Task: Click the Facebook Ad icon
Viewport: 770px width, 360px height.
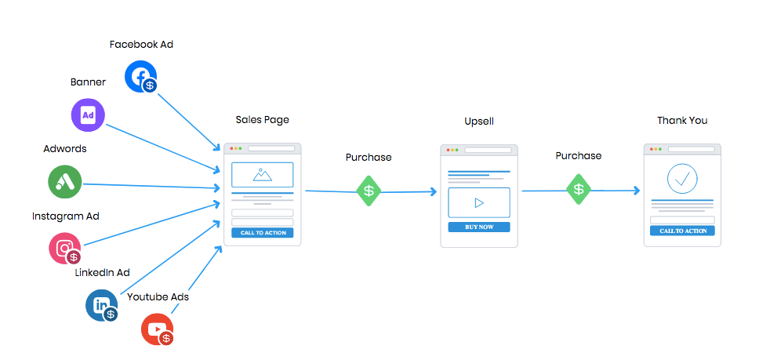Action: pos(140,76)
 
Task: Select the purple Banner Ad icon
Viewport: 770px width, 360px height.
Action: pos(88,115)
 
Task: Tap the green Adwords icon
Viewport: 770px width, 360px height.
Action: pos(65,182)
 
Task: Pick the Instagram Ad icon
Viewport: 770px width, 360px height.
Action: pos(64,248)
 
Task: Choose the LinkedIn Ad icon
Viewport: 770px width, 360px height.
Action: pos(101,305)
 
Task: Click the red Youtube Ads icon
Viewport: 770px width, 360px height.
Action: pos(157,329)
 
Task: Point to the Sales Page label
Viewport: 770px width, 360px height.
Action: pos(262,120)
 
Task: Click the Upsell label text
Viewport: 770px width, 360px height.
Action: pos(478,122)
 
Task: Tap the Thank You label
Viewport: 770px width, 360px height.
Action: pos(682,120)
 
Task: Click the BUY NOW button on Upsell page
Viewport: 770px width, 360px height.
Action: pos(479,227)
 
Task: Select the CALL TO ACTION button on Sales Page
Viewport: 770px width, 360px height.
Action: pos(263,233)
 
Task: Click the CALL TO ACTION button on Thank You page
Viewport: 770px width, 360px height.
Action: pos(682,231)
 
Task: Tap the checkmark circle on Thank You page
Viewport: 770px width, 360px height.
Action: pos(682,179)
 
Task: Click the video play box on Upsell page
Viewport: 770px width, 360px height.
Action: pos(479,202)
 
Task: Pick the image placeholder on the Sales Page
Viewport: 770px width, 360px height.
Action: pos(263,175)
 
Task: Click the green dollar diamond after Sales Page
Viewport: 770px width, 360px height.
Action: pos(369,191)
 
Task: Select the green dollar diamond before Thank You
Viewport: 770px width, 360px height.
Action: pos(579,189)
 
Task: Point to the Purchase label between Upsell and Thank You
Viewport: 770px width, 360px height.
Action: pos(579,156)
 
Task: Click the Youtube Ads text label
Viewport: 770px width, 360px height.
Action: pos(158,297)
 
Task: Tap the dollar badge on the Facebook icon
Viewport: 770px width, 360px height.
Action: pos(149,85)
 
